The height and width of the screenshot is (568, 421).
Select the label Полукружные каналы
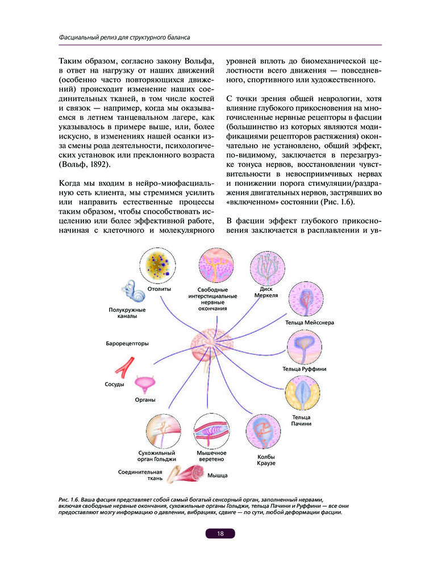(x=127, y=313)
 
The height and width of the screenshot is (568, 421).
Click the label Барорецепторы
(x=127, y=344)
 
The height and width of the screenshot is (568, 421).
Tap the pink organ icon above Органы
(x=147, y=386)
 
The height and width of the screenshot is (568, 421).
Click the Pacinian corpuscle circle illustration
(x=301, y=396)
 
